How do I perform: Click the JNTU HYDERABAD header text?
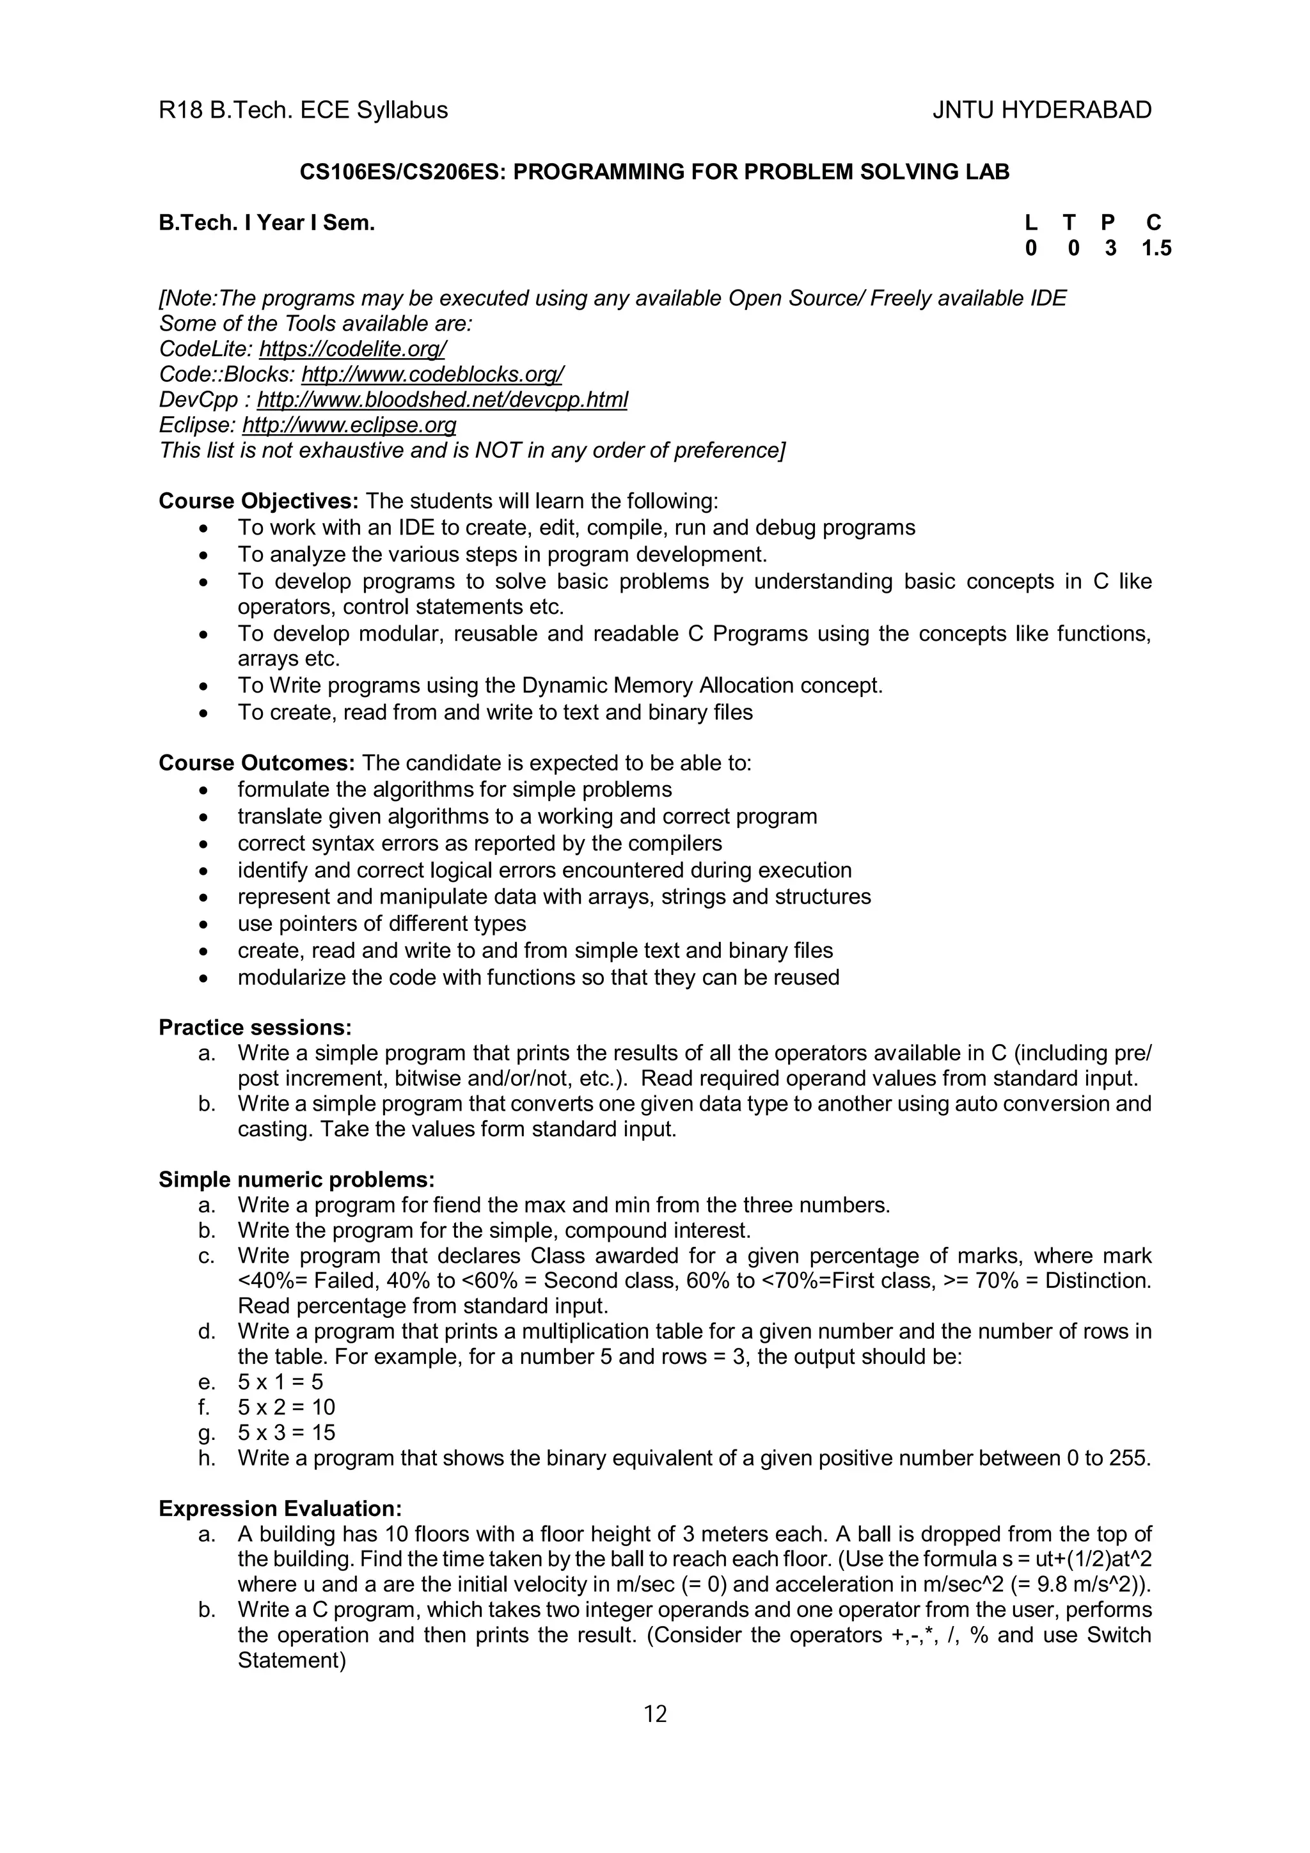[x=1041, y=110]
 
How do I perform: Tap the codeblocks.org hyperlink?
[x=432, y=375]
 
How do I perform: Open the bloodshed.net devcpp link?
[x=441, y=400]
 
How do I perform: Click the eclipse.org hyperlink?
[x=349, y=425]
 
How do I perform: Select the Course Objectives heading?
[x=258, y=501]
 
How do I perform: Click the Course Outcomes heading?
[x=256, y=763]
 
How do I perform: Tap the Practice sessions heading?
[x=255, y=1028]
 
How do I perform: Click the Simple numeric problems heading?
[x=296, y=1180]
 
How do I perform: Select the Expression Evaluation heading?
[x=280, y=1508]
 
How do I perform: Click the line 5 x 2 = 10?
[x=286, y=1407]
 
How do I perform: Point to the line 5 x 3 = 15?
[x=286, y=1432]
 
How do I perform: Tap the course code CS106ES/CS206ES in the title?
[x=402, y=172]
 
